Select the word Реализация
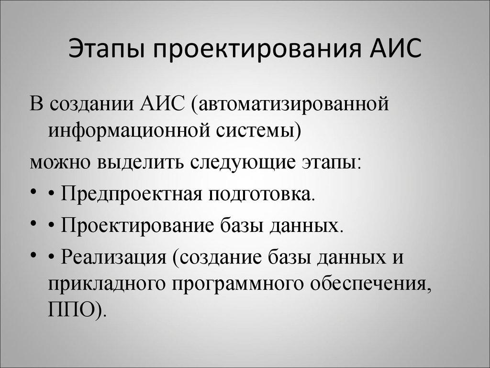point(114,257)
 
